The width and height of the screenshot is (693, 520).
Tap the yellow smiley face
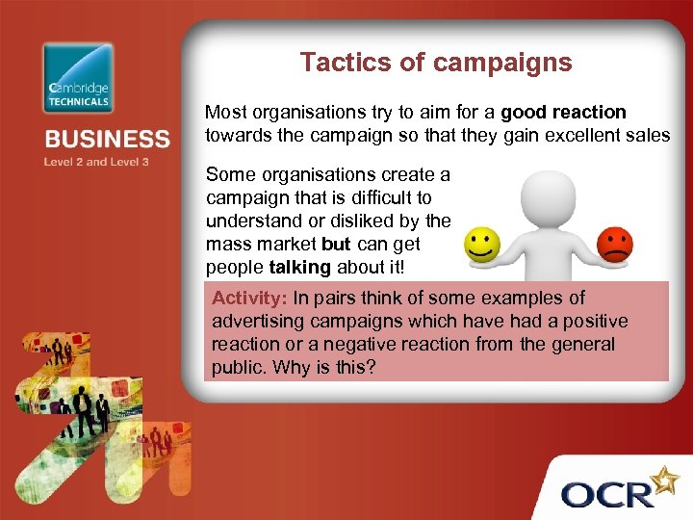coord(482,245)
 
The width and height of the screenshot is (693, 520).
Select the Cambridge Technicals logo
coord(78,78)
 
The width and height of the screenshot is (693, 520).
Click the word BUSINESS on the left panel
coord(107,141)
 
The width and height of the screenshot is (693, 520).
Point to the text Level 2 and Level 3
coord(96,163)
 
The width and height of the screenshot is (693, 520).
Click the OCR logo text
coord(608,494)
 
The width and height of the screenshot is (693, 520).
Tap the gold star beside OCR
coord(665,478)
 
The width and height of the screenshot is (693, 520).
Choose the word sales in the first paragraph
coord(647,136)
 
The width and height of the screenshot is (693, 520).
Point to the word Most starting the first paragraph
coord(225,113)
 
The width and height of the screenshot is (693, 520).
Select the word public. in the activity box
coord(240,367)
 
